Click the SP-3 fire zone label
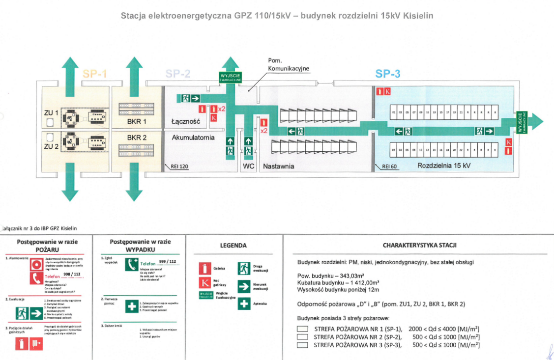pos(387,74)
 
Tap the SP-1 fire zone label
pos(95,74)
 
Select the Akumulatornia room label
pos(193,138)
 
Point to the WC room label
pos(249,166)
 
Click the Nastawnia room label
pos(279,166)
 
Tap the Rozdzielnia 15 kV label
pos(444,166)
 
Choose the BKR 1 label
pos(137,121)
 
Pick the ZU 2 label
pos(51,146)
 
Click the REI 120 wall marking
pos(179,167)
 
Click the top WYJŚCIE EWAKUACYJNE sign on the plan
pos(231,78)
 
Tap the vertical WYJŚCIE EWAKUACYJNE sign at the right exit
pos(520,121)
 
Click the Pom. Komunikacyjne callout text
pos(289,65)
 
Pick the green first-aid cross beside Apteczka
pos(244,304)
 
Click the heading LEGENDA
pos(233,246)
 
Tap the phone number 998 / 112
pos(72,274)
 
